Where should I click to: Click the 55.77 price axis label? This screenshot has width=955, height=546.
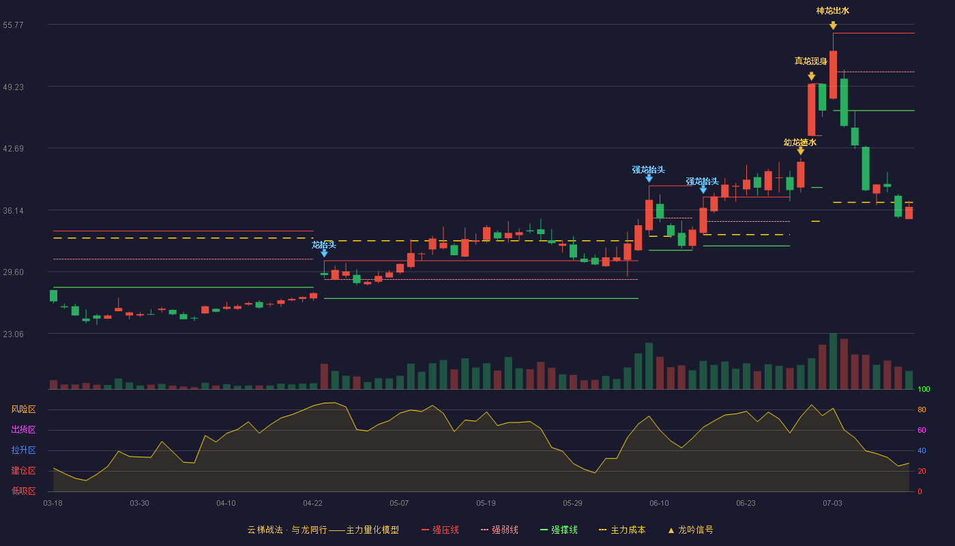tap(13, 25)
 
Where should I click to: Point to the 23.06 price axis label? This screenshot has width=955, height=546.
tap(13, 334)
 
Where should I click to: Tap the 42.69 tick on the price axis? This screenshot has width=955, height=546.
tap(13, 149)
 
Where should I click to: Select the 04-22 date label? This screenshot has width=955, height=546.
tap(312, 504)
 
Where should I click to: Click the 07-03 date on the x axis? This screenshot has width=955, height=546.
tap(832, 504)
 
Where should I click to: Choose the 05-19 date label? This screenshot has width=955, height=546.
tap(486, 504)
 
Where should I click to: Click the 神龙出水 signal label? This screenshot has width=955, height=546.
tap(833, 11)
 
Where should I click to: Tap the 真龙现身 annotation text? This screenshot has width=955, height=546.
tap(811, 61)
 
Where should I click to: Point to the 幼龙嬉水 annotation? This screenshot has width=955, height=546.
tap(800, 142)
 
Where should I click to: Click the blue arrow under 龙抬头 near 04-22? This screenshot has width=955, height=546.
tap(325, 253)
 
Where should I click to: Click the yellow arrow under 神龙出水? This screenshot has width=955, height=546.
tap(833, 26)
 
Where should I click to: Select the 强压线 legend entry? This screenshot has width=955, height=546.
tap(441, 530)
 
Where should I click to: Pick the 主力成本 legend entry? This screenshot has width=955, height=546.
tap(622, 530)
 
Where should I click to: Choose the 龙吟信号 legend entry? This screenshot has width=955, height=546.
tap(690, 530)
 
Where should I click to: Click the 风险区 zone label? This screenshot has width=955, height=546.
tap(23, 409)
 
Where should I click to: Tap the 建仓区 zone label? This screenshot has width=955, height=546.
tap(23, 471)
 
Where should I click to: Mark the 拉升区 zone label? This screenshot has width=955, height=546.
tap(23, 450)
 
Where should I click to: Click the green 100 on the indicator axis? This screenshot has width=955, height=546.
tap(924, 389)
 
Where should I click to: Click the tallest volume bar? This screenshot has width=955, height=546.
tap(833, 361)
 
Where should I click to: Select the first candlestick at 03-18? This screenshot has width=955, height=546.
tap(53, 296)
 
